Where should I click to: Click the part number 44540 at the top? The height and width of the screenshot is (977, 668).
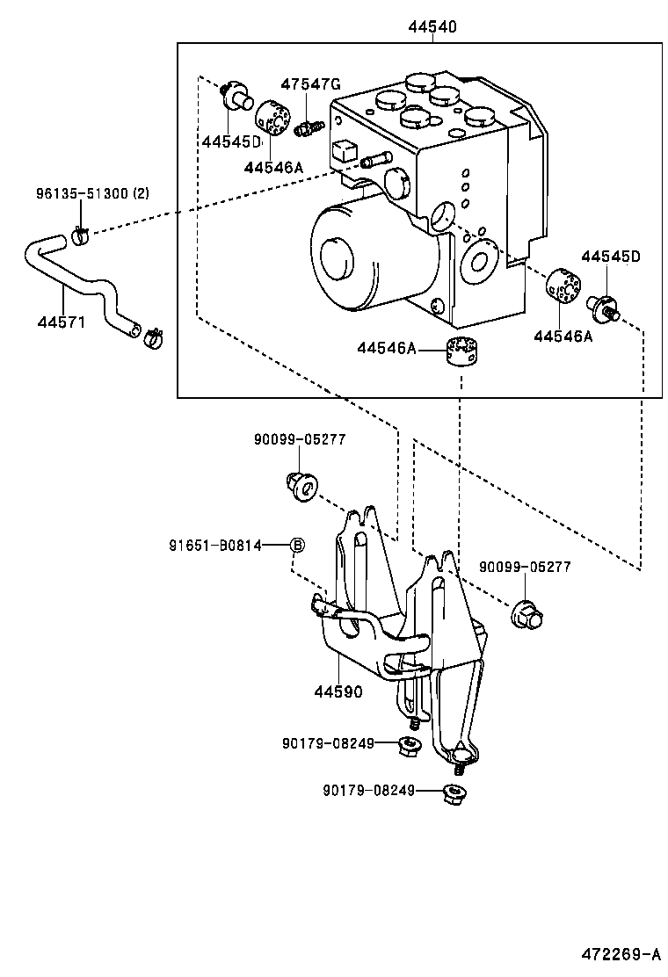(x=432, y=27)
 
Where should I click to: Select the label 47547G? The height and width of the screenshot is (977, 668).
(x=310, y=84)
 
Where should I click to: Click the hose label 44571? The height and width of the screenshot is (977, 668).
(x=62, y=322)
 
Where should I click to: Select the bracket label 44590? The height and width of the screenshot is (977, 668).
(x=338, y=691)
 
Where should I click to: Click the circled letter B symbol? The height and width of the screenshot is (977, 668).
(x=297, y=546)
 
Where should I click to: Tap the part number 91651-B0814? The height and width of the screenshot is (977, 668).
(x=215, y=546)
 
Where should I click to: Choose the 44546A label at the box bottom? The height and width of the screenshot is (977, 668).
(x=386, y=349)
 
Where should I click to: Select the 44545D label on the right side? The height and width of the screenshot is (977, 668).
(x=611, y=257)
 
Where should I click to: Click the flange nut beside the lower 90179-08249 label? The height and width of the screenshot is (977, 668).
(x=454, y=794)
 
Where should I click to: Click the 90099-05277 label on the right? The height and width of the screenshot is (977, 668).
(x=525, y=568)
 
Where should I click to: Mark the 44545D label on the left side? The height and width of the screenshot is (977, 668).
(x=231, y=141)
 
